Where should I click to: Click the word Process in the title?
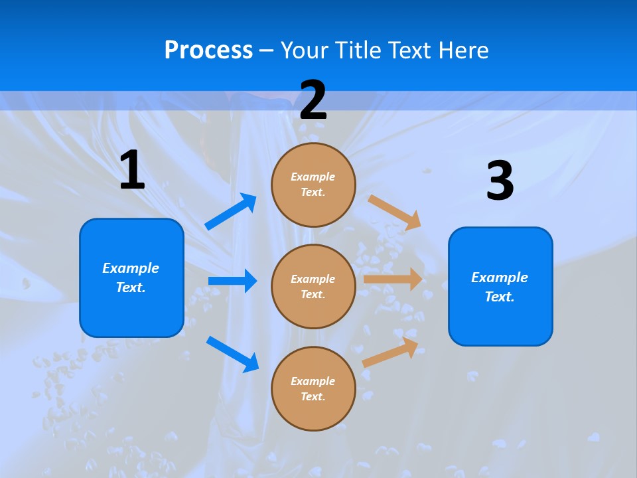click(208, 50)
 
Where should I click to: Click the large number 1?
click(132, 171)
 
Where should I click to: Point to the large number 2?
click(313, 100)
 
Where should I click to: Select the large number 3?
click(500, 181)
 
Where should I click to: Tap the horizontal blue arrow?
click(232, 281)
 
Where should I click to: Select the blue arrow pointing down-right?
click(232, 354)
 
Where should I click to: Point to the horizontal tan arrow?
click(393, 279)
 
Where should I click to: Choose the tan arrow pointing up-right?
click(391, 352)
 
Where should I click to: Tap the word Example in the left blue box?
click(131, 268)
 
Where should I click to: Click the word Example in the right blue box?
click(500, 278)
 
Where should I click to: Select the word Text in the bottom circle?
click(311, 396)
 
